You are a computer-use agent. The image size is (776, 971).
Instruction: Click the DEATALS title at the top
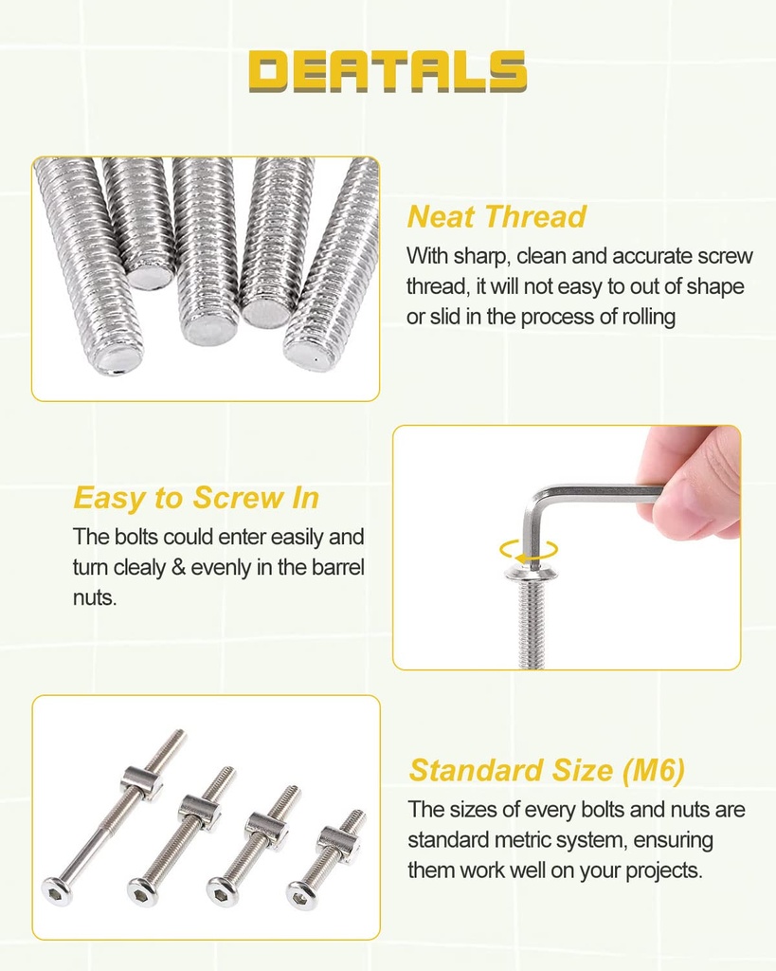[388, 72]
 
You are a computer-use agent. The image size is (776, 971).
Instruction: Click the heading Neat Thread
[496, 217]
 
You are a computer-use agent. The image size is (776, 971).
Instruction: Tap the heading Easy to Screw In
[196, 498]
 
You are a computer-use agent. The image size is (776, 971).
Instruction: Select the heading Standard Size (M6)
[546, 770]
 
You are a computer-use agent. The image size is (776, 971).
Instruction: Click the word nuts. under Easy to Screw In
[95, 598]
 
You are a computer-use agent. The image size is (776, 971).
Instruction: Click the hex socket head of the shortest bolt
[302, 893]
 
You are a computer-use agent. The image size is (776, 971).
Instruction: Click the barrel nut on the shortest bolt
[337, 838]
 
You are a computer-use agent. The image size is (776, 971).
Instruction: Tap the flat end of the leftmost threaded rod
[117, 358]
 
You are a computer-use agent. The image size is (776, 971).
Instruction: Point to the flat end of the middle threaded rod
[210, 329]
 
